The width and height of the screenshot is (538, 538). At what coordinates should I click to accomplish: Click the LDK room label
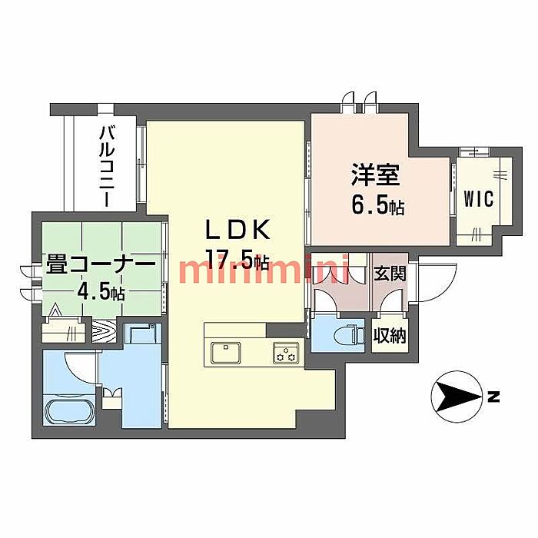pos(237,229)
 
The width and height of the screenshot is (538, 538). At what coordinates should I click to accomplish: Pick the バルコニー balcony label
pos(105,166)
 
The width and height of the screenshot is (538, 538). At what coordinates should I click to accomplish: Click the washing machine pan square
pos(143,335)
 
